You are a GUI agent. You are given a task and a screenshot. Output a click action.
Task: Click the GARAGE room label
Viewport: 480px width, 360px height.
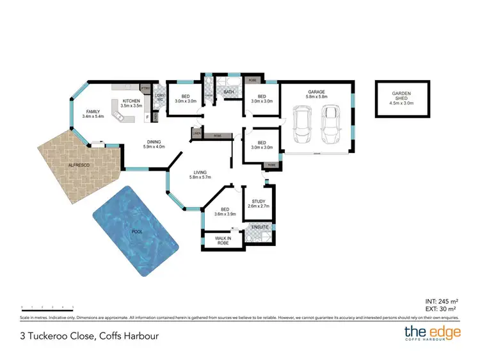[316, 92]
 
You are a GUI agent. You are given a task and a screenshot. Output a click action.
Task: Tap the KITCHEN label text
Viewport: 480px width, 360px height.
[131, 101]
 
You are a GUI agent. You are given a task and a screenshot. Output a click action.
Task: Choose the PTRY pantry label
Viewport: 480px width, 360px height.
[145, 88]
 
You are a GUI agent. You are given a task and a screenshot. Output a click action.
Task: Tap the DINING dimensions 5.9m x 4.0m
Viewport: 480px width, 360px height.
[154, 147]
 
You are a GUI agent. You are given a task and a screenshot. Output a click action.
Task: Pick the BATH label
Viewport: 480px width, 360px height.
[228, 92]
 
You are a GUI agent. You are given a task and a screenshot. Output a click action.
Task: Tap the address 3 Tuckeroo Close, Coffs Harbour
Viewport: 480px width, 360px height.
[89, 336]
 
